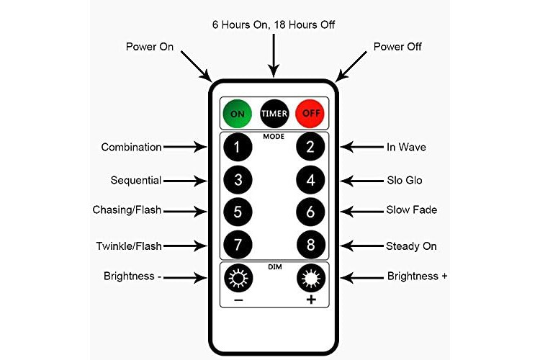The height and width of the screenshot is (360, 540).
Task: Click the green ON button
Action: (x=237, y=114)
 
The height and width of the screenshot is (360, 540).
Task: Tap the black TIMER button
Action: (x=274, y=114)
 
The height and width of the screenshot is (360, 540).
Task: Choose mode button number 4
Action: (x=310, y=180)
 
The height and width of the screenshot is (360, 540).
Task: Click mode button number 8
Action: (x=310, y=246)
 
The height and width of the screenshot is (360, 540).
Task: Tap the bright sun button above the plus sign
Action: (x=310, y=276)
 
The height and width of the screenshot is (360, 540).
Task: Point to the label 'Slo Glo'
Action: (x=403, y=180)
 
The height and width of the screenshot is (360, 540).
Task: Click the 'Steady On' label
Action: (x=411, y=246)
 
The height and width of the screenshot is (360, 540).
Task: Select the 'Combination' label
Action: (x=131, y=147)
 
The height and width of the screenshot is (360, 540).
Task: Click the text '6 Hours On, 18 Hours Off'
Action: (x=274, y=24)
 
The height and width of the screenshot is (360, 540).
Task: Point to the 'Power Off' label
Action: (x=397, y=47)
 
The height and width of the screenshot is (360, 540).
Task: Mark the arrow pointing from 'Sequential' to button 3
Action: (x=185, y=180)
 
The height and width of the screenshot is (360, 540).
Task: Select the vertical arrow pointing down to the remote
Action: (x=274, y=54)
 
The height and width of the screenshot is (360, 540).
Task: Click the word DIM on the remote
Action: (x=274, y=266)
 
